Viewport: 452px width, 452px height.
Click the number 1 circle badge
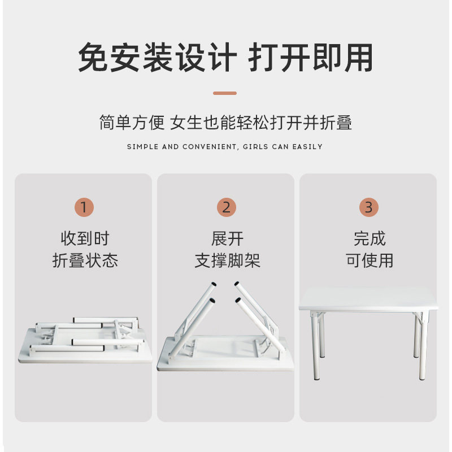click(x=84, y=207)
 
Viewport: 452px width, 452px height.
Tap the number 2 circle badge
click(x=226, y=207)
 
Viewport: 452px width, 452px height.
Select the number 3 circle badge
click(x=368, y=207)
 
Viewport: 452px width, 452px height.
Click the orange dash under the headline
click(x=225, y=93)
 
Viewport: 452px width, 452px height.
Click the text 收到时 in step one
click(x=84, y=238)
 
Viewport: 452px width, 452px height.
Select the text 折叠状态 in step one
click(x=84, y=260)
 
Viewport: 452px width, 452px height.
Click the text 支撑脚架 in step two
click(x=227, y=260)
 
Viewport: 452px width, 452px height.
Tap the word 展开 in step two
click(x=227, y=238)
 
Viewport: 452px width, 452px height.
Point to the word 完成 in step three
click(x=369, y=238)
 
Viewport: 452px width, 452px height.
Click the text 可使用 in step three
click(x=369, y=260)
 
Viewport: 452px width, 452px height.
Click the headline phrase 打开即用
click(x=311, y=58)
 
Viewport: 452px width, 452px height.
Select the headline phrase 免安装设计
click(x=157, y=58)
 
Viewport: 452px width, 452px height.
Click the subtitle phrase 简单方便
click(x=131, y=123)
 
